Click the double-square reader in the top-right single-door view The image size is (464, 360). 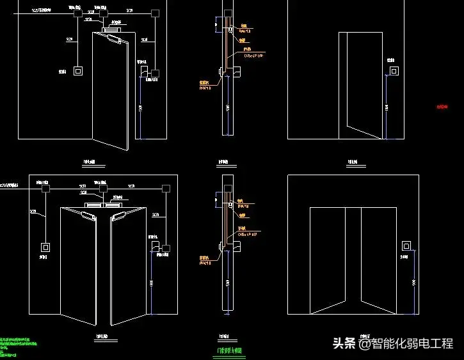(395, 71)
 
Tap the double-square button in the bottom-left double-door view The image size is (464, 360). (46, 247)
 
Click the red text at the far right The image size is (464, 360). (442, 107)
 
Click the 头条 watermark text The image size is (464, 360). (344, 343)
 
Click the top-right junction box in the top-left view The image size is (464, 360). (154, 12)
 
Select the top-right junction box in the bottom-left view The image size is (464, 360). (166, 189)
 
